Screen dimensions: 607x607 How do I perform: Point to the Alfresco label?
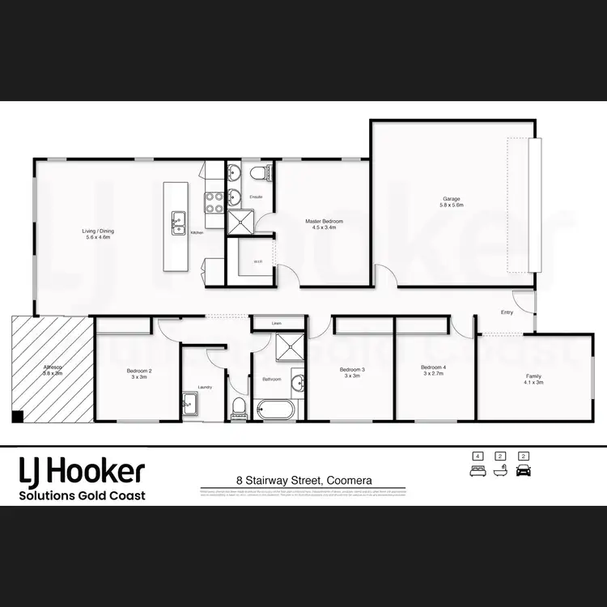[53, 371]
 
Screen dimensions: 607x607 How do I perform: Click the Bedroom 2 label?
[139, 373]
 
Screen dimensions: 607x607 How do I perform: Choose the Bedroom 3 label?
[352, 372]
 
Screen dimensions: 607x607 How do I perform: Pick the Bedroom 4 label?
[433, 371]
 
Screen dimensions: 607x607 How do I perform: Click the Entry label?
[507, 312]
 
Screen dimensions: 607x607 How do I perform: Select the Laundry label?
[206, 387]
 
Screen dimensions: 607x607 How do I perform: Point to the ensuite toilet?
[257, 172]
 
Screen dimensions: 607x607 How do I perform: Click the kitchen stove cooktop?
[214, 202]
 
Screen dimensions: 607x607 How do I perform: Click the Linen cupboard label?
[276, 323]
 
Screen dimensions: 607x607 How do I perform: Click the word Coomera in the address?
[350, 480]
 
